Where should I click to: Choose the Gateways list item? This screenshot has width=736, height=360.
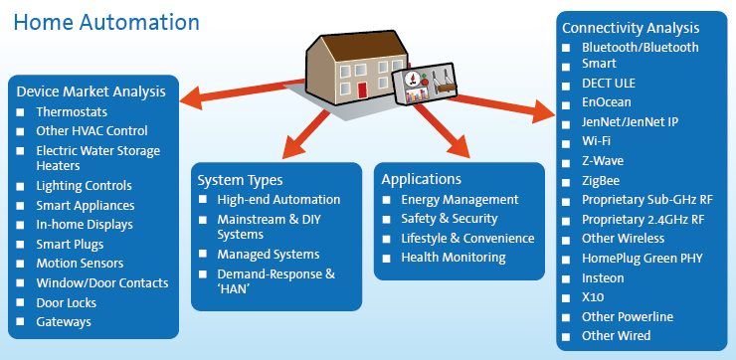tap(64, 321)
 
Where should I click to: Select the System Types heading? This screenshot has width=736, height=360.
tap(240, 180)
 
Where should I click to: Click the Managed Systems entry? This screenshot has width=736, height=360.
tap(269, 255)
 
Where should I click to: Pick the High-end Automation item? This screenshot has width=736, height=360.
tap(278, 200)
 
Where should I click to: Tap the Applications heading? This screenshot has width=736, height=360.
tap(422, 179)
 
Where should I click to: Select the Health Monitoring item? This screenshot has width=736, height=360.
tap(453, 258)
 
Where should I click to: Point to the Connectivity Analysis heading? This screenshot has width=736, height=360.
tap(631, 28)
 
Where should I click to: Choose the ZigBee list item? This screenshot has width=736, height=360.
tap(602, 181)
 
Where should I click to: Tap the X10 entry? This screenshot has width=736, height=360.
tap(593, 297)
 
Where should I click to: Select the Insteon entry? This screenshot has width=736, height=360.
tap(604, 277)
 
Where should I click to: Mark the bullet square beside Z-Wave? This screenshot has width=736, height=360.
tap(565, 161)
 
